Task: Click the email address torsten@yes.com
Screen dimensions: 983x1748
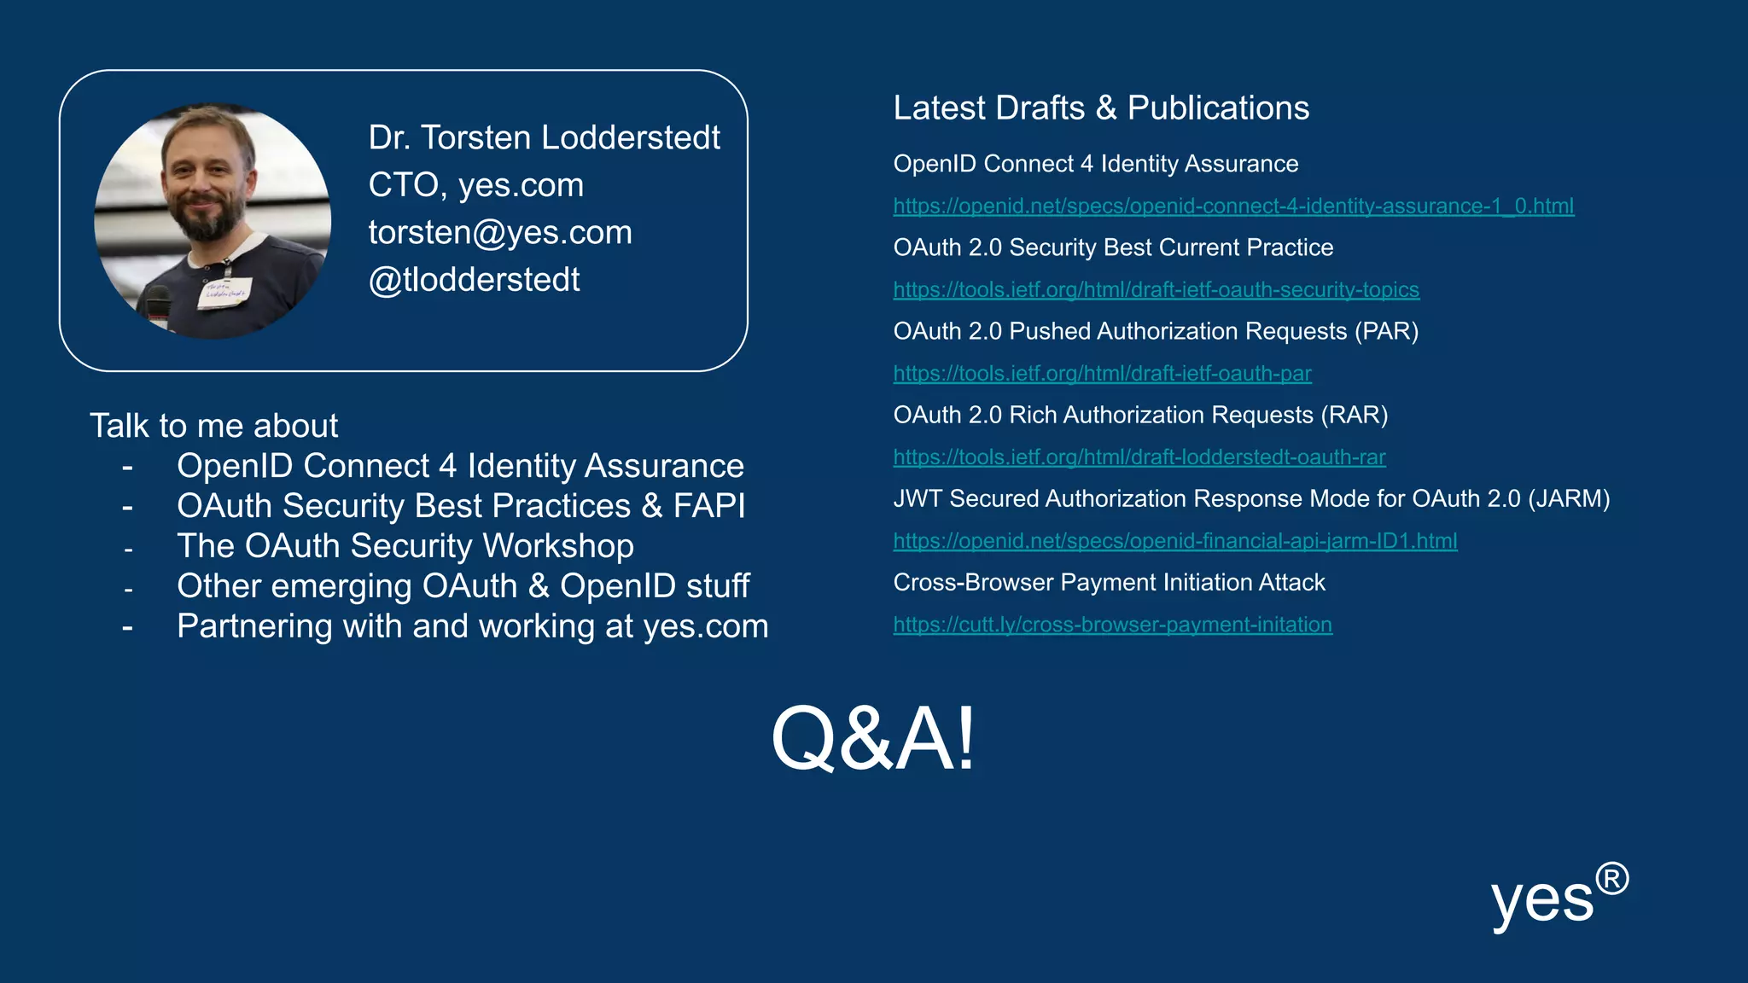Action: click(500, 233)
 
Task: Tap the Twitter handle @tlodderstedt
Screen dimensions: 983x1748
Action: click(474, 280)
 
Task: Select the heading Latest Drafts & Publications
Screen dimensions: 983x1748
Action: click(1101, 108)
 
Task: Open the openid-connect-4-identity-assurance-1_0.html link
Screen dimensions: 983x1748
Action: click(1233, 206)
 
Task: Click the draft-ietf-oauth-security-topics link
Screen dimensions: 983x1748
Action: click(1156, 290)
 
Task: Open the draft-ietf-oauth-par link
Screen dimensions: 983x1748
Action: click(1102, 374)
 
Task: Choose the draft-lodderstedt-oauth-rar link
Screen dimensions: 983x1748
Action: click(1139, 457)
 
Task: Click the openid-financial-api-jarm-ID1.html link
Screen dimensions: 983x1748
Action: click(1174, 541)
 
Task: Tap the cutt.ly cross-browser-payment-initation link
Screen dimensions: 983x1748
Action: click(1112, 625)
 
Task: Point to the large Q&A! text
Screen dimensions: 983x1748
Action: click(872, 739)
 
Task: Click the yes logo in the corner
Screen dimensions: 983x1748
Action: click(1542, 901)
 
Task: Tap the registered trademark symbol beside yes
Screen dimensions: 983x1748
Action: click(1612, 879)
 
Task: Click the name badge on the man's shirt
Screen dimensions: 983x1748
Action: click(224, 293)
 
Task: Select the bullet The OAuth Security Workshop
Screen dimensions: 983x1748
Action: click(405, 546)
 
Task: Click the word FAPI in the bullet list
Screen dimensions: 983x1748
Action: click(708, 506)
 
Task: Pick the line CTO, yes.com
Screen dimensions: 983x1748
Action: click(475, 185)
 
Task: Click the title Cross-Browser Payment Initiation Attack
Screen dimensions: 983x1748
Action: click(1109, 583)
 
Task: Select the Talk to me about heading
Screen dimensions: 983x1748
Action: click(213, 426)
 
